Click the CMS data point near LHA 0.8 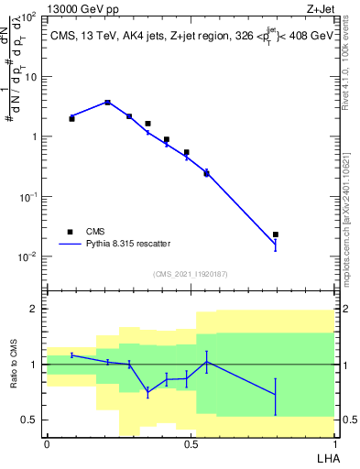pos(276,234)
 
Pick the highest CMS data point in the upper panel pos(108,103)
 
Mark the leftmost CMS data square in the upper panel pos(72,118)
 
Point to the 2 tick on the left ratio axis pos(36,310)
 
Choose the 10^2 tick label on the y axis pos(28,17)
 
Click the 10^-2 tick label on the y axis pos(28,256)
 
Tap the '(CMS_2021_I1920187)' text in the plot pos(190,274)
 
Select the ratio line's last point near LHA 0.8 pos(276,394)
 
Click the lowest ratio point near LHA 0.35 pos(148,393)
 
